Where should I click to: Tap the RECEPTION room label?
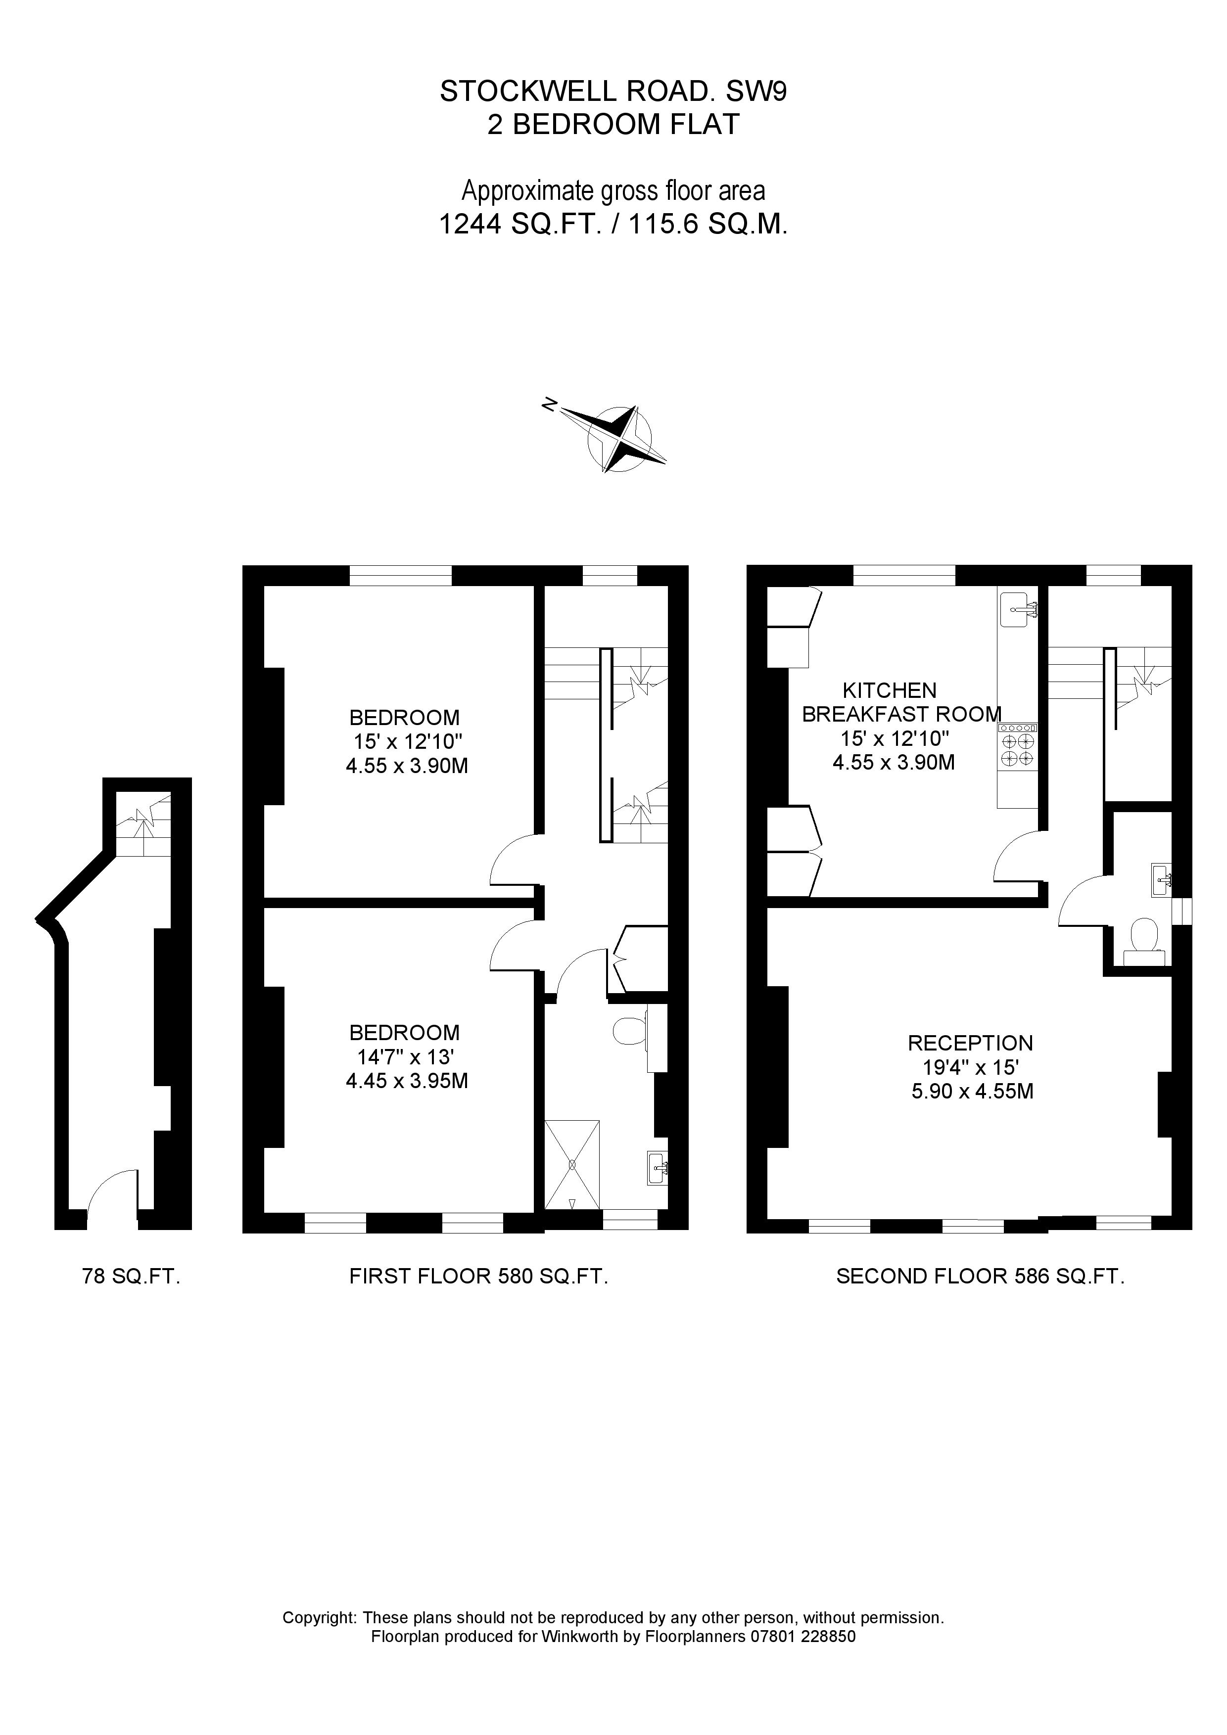[970, 1044]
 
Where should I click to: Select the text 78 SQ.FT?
[131, 1277]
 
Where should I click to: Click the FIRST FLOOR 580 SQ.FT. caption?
[478, 1277]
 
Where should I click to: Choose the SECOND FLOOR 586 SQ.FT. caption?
[980, 1277]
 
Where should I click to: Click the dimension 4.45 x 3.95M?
[407, 1081]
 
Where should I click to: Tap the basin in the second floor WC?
[1161, 879]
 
